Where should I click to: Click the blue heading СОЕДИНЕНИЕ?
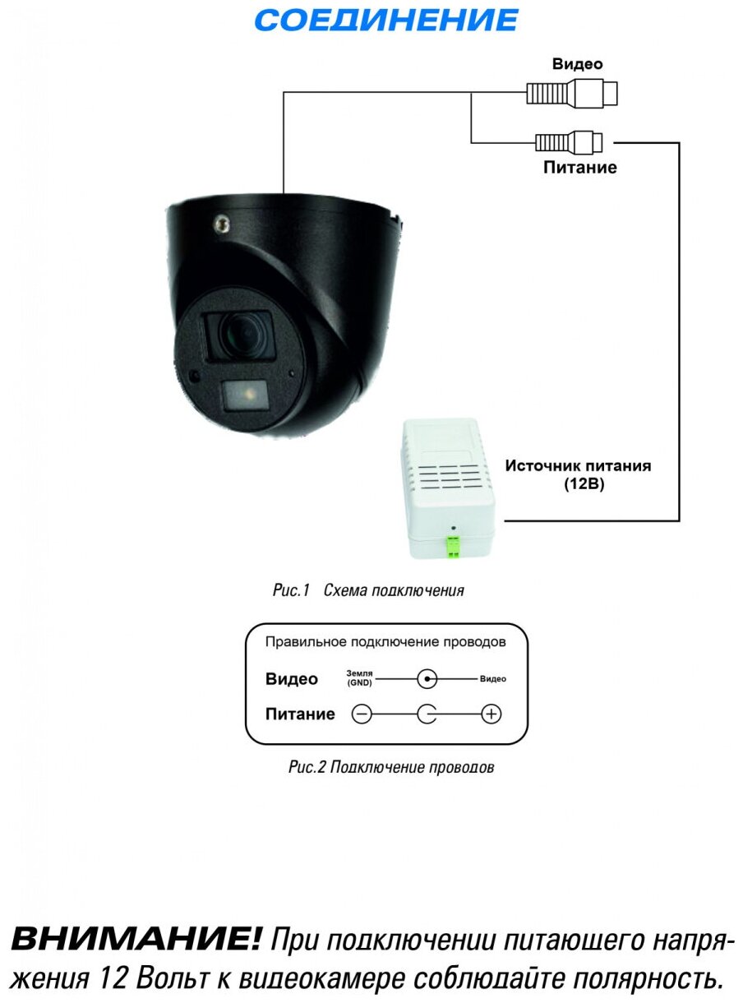coord(387,21)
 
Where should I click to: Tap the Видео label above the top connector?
coord(577,64)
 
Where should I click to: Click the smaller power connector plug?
coord(569,142)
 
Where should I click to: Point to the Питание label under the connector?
coord(579,168)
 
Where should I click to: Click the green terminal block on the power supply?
coord(452,547)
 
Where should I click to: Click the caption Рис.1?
coord(289,590)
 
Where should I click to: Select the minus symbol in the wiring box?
coord(362,714)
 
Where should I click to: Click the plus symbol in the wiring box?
coord(491,714)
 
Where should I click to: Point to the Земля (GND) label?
coord(359,678)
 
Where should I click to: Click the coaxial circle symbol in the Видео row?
coord(427,679)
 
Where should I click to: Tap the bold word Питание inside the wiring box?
coord(300,714)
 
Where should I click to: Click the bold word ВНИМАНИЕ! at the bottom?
coord(136,938)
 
